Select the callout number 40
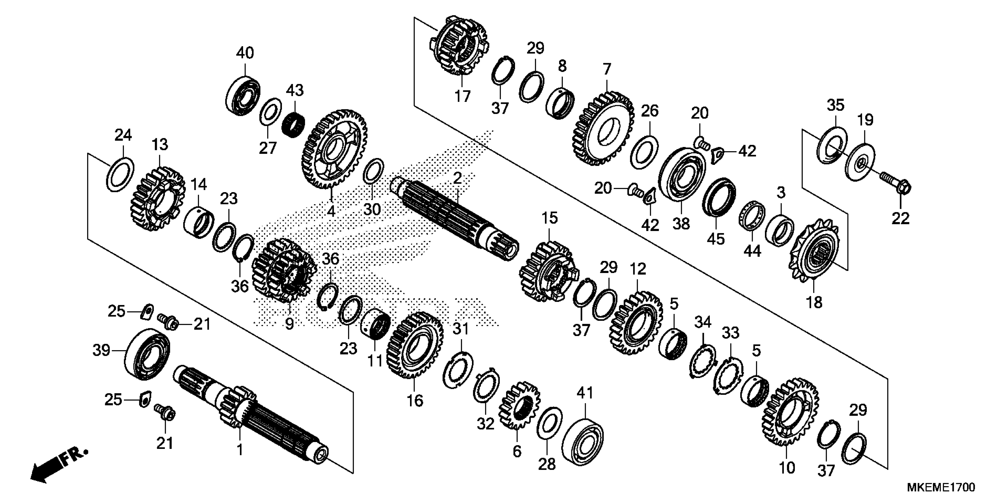tap(245, 53)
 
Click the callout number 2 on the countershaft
tap(457, 179)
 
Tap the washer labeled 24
tap(120, 174)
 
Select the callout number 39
tap(101, 350)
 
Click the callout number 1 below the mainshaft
tap(240, 450)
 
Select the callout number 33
tap(731, 333)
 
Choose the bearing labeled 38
tap(682, 174)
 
